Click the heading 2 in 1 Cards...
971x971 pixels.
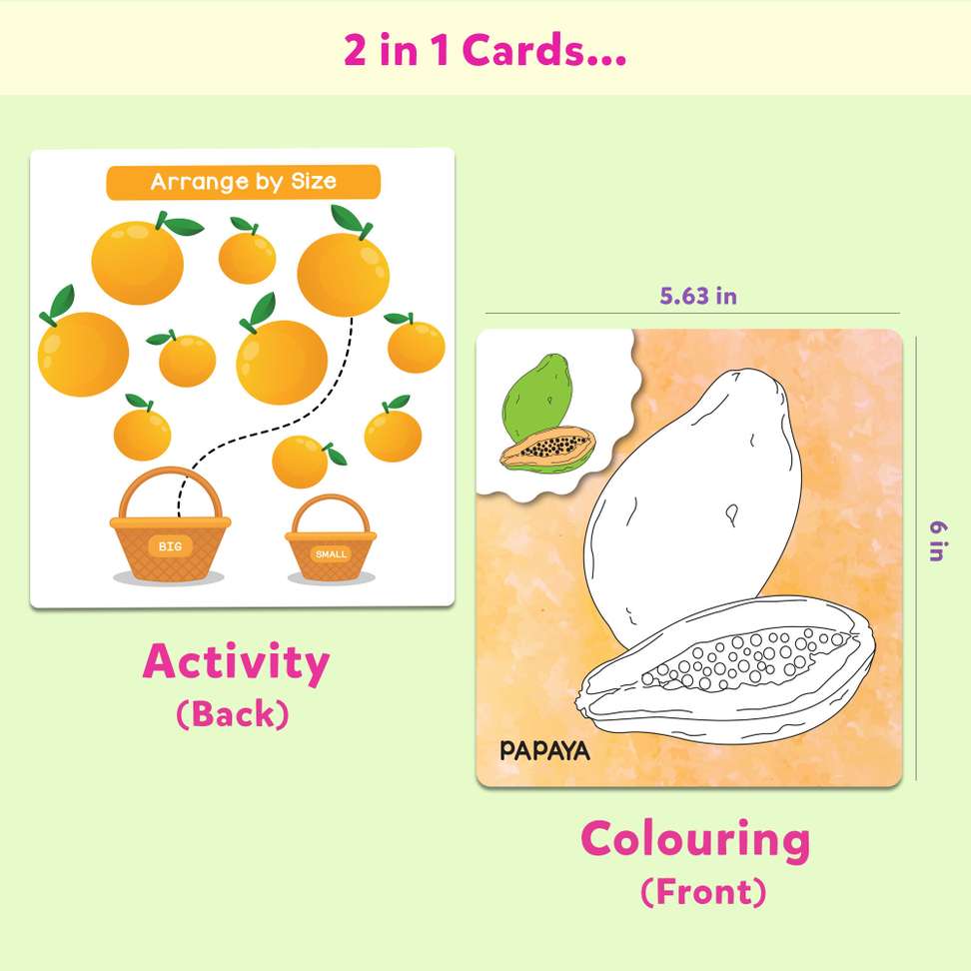[485, 50]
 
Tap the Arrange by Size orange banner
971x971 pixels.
[243, 182]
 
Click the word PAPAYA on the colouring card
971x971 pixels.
[544, 750]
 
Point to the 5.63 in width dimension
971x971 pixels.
[697, 296]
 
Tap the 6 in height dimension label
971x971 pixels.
[936, 539]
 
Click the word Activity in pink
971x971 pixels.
[236, 662]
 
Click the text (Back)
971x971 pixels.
[233, 713]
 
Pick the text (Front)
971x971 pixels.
[702, 890]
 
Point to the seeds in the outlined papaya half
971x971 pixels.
[739, 659]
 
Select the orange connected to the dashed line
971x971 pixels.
[343, 268]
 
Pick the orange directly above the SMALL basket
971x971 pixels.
[301, 461]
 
